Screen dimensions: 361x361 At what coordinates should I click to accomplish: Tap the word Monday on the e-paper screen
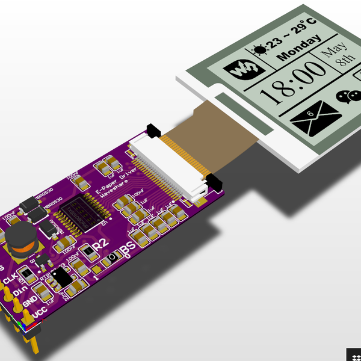298,48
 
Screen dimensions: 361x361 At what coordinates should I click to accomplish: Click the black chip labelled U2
84,214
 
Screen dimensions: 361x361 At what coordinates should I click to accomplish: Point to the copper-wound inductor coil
22,241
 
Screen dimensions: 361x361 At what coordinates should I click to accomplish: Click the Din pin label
20,289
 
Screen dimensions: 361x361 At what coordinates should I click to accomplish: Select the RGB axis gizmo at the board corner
22,327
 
